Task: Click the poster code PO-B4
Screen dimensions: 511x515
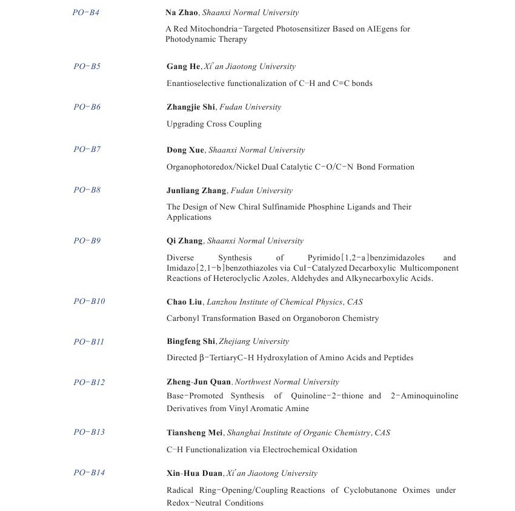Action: coord(85,12)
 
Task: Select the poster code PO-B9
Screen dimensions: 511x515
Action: coord(87,240)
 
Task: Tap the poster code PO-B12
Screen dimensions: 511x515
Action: coord(89,382)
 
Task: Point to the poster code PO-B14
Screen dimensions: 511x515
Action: coord(89,472)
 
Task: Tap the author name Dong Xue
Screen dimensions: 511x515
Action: coord(185,150)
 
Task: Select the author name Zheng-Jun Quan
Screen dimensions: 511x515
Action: coord(199,382)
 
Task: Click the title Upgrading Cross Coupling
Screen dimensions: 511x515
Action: coord(214,124)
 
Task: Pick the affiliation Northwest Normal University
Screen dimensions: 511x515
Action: coord(287,382)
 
